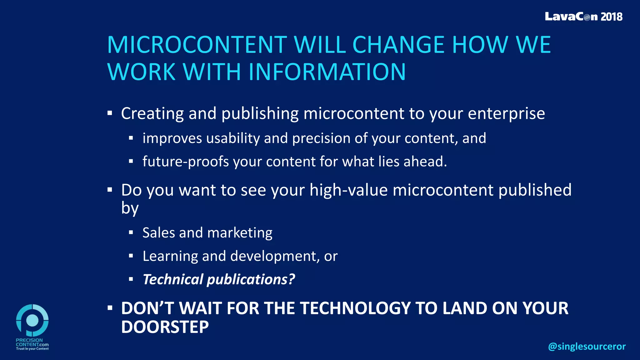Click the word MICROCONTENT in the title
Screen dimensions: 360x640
197,45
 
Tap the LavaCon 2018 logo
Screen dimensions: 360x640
583,17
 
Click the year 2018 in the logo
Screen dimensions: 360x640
611,17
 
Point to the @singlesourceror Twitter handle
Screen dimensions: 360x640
587,346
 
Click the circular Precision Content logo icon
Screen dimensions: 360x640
32,320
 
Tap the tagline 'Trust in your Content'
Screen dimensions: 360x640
32,349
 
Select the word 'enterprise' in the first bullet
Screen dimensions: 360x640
506,113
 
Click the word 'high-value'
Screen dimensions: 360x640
348,190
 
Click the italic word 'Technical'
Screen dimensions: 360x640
173,279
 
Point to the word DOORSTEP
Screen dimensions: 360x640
165,327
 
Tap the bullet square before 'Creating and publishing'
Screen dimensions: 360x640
110,113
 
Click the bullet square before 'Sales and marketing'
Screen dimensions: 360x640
131,232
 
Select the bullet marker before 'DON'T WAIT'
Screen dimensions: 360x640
110,308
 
